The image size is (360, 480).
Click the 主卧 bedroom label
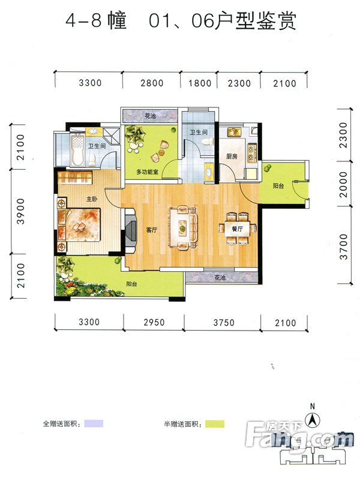tap(92, 199)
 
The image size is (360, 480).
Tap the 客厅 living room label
tap(152, 230)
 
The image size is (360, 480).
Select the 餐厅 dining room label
tap(237, 229)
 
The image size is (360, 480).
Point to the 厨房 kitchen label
tap(232, 156)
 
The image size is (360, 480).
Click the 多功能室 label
tap(147, 172)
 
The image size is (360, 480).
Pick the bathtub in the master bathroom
tap(79, 149)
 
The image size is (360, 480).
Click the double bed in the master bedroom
tap(80, 225)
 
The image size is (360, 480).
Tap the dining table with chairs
tap(237, 229)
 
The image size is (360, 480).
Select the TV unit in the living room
tap(130, 230)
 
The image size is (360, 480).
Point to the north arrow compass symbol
tap(312, 419)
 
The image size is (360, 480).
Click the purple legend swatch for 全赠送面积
tap(94, 424)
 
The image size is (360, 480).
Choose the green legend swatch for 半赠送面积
tap(215, 424)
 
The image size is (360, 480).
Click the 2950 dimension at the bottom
tap(154, 322)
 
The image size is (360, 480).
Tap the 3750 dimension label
tap(224, 323)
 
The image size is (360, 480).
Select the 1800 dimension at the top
tap(200, 83)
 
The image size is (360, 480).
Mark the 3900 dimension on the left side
tap(20, 211)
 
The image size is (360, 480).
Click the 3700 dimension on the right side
tap(344, 247)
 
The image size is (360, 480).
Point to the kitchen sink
tap(234, 132)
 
